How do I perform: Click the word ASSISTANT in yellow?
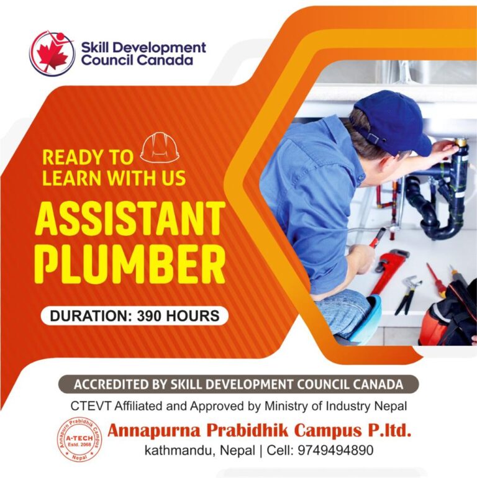pyautogui.click(x=130, y=219)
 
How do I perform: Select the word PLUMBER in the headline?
pyautogui.click(x=130, y=265)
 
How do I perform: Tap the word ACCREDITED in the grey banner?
pyautogui.click(x=111, y=384)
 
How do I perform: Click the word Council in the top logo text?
pyautogui.click(x=105, y=60)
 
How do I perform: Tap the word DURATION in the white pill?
pyautogui.click(x=88, y=316)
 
